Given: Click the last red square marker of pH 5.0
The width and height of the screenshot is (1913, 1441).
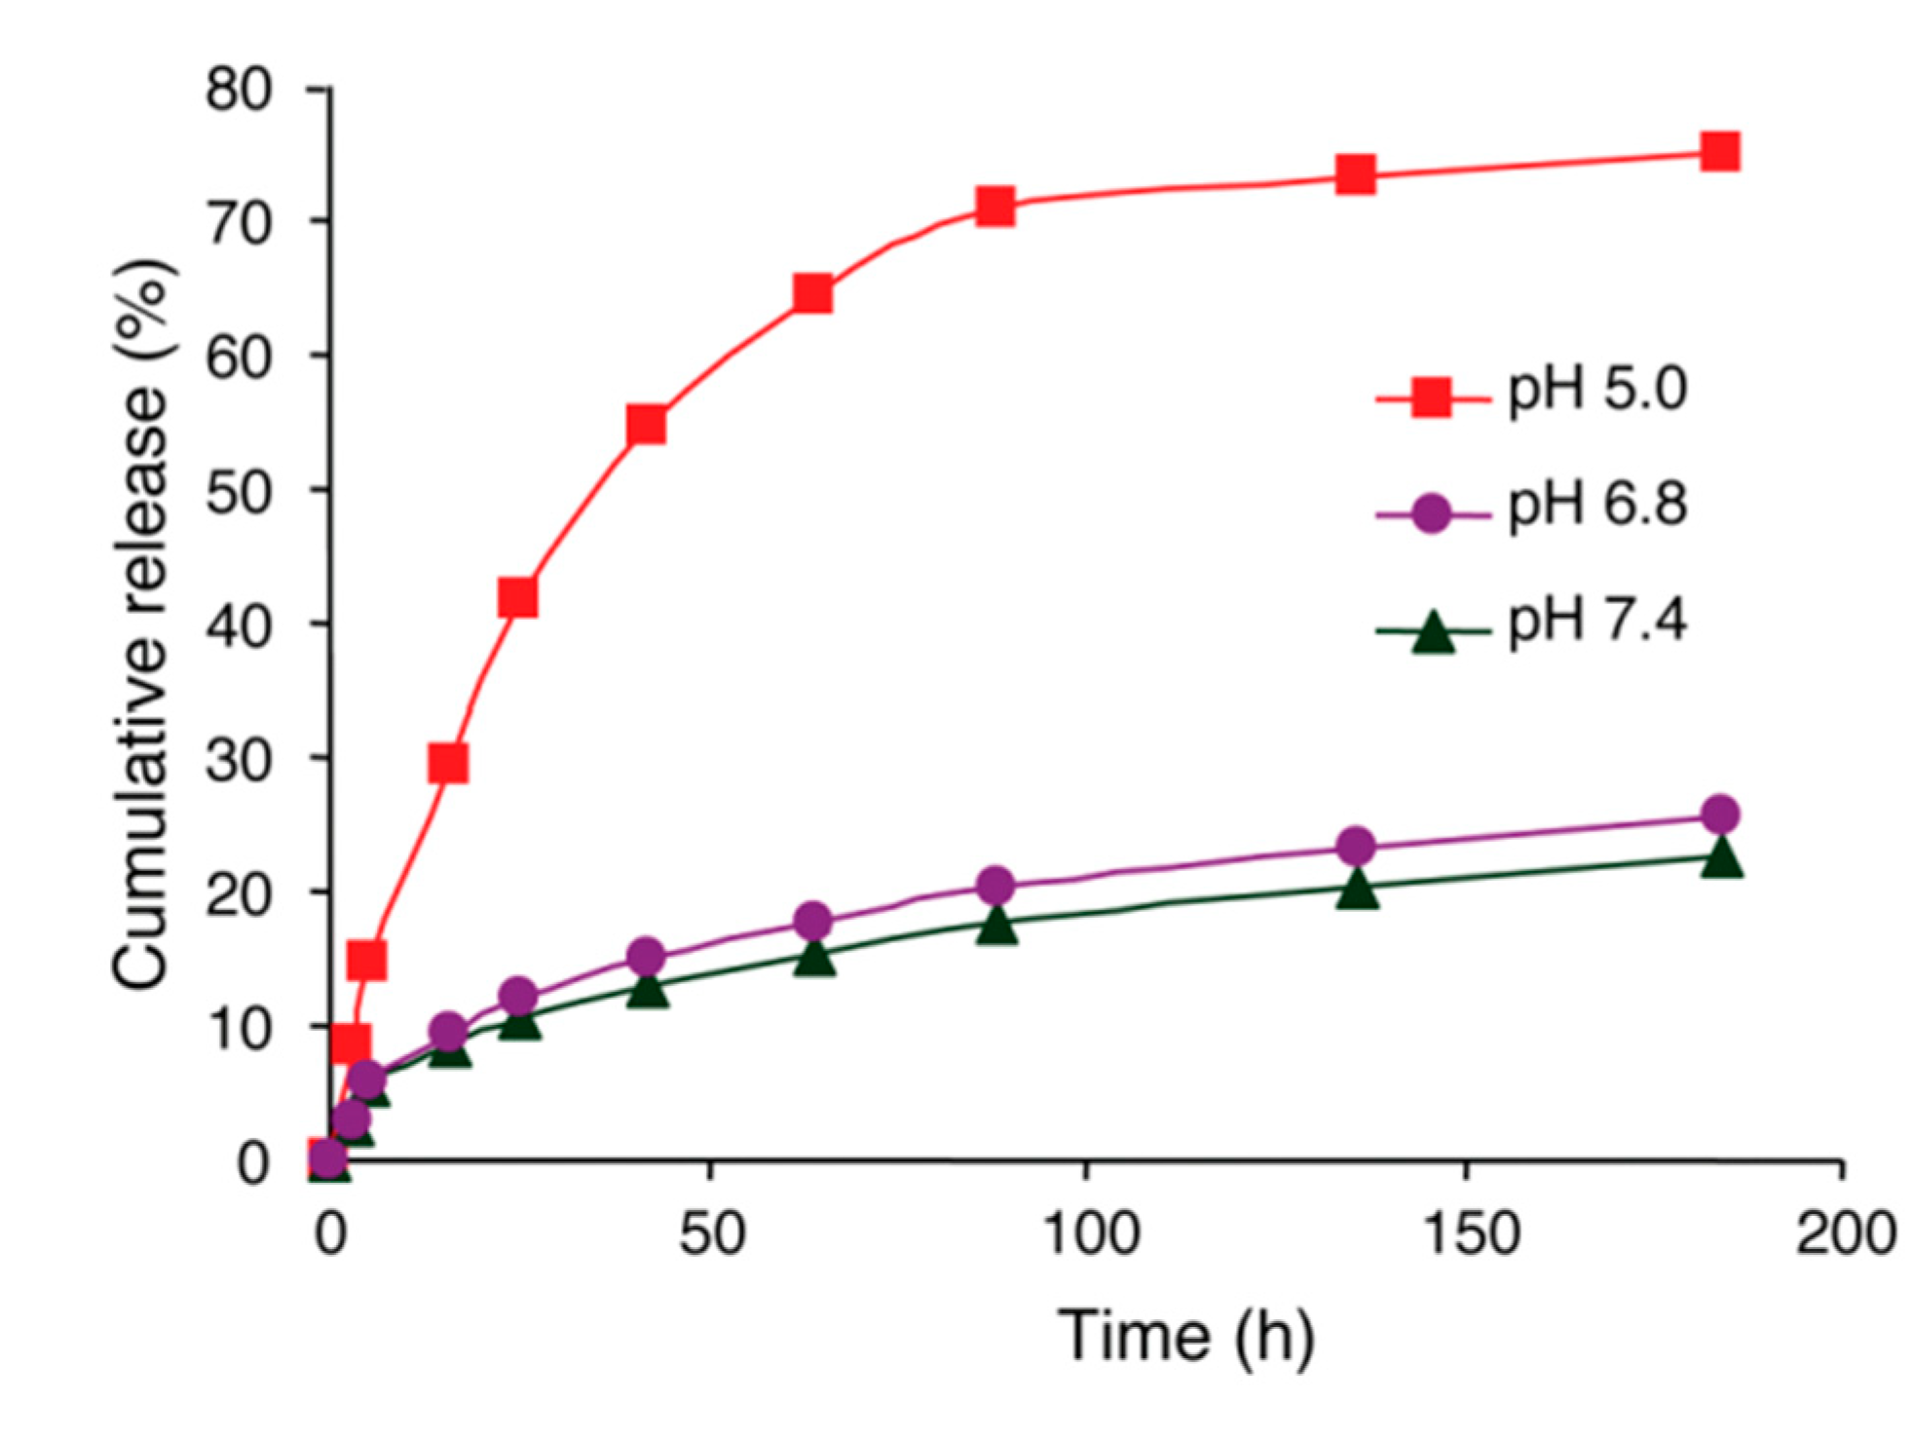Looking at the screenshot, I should point(1720,152).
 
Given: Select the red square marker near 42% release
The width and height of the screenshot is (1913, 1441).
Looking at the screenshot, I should point(518,596).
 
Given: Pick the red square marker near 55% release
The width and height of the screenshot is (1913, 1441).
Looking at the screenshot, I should point(647,425).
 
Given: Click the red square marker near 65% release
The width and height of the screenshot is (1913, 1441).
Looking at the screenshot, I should point(813,292).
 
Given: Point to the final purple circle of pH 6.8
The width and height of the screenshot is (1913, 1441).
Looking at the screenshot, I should point(1720,814).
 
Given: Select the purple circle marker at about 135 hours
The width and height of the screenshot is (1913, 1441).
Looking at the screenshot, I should point(1356,846).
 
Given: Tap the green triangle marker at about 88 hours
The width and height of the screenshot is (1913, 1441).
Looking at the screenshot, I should point(996,925).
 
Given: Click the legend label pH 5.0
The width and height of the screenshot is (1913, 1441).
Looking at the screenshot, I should point(1597,390).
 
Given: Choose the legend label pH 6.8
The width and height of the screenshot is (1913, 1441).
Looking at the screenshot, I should point(1597,505).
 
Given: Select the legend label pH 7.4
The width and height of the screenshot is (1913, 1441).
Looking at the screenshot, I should point(1597,620).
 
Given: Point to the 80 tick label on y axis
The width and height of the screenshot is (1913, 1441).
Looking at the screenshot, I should point(238,90).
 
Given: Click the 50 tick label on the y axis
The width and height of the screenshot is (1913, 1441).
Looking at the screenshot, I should point(238,492).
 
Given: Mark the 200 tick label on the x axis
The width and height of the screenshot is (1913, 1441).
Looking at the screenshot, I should point(1845,1232).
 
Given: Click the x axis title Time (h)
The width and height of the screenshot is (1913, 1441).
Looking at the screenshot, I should point(1185,1337).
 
